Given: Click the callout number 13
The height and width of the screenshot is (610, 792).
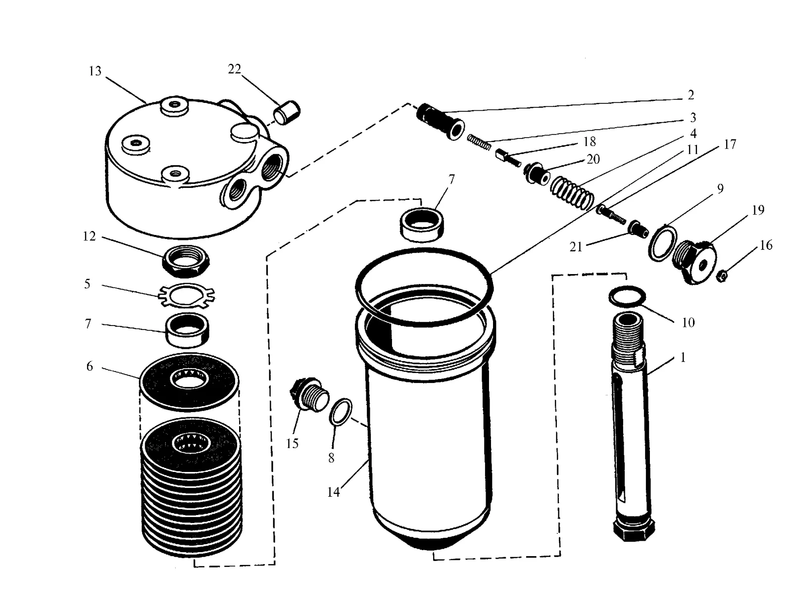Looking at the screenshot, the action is point(95,71).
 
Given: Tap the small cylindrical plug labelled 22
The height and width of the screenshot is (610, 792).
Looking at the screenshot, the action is point(287,112).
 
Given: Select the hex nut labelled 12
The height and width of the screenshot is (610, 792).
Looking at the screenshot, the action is point(186,261).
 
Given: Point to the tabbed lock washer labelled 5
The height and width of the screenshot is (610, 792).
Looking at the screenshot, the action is point(187,295).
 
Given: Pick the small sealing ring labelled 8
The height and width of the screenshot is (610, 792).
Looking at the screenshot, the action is point(341,412).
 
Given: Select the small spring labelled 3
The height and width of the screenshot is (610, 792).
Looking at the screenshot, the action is point(479,142).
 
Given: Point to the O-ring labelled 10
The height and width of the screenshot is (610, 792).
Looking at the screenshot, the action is point(627,297).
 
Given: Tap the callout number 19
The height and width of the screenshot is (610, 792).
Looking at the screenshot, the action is point(758,210).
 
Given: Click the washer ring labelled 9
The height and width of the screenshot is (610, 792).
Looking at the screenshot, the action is point(663,243).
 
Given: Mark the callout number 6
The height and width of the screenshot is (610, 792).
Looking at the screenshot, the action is point(90,366).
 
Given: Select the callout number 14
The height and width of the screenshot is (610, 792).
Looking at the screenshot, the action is point(334,492).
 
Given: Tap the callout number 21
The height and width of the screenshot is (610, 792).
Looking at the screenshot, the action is point(576,247).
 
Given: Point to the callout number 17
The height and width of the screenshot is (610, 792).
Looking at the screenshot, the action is point(730,144).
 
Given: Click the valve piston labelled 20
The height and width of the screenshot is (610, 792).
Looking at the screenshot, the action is point(537,173).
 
